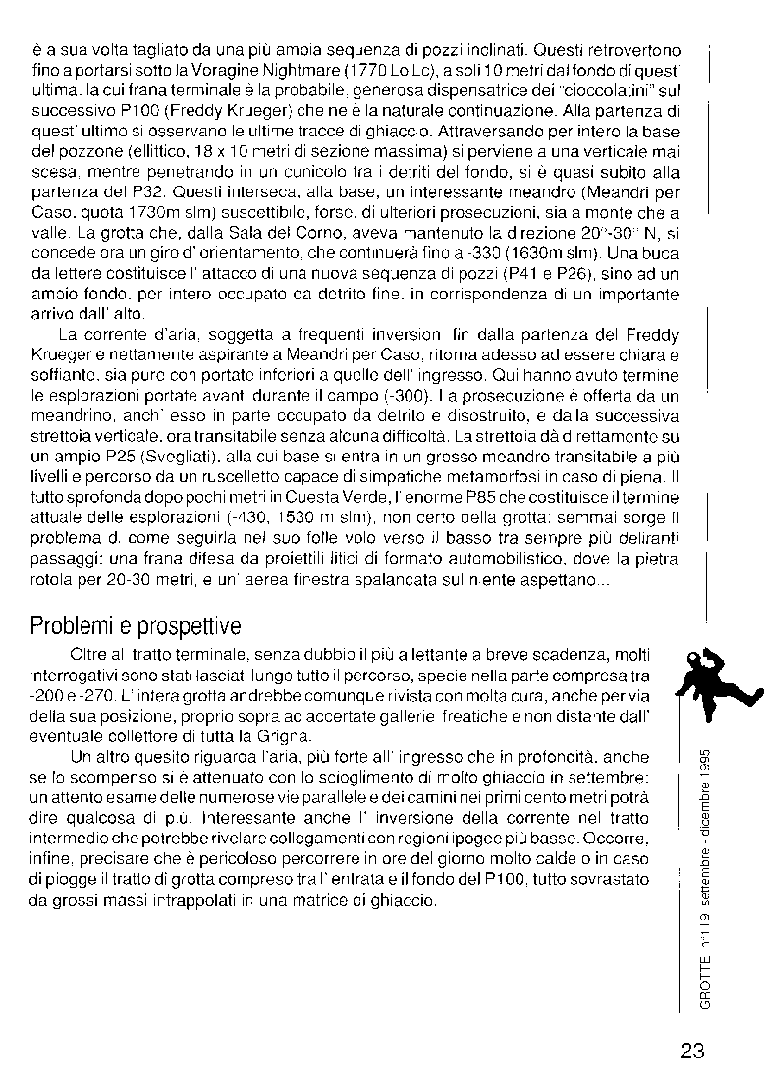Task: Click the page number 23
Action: point(691,1052)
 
